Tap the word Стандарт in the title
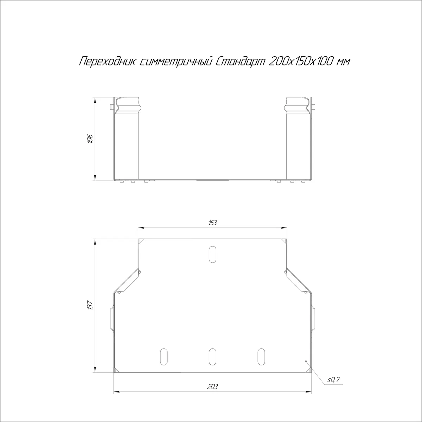click(240, 61)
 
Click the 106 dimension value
click(90, 139)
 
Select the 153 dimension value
click(212, 223)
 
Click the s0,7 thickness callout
click(334, 379)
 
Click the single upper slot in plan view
click(212, 255)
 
